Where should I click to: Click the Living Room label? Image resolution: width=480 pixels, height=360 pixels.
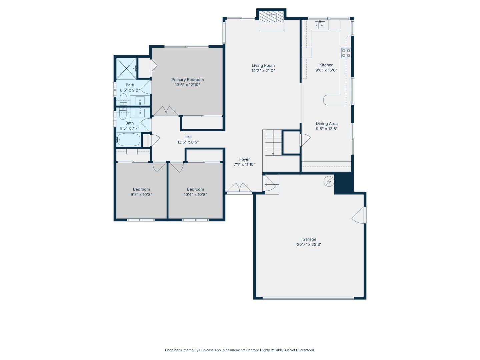(x=263, y=65)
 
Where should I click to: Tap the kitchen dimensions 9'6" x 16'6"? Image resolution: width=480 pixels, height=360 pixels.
(x=326, y=70)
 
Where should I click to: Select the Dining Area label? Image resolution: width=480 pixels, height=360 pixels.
(x=326, y=123)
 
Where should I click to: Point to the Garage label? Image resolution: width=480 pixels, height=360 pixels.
(x=309, y=239)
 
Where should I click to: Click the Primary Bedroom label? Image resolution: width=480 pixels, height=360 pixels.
(x=187, y=80)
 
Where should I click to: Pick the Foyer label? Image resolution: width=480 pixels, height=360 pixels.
(x=244, y=159)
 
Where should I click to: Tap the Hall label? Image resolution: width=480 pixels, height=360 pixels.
(x=188, y=137)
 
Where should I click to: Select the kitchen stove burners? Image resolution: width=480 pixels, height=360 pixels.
(x=346, y=53)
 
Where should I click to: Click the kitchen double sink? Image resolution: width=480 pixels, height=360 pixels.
(x=320, y=25)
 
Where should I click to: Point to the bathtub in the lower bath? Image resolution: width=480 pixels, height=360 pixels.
(x=129, y=139)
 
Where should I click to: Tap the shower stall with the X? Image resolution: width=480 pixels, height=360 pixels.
(x=126, y=68)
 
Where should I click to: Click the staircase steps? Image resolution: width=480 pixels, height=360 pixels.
(x=273, y=143)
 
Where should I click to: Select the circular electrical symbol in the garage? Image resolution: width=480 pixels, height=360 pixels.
(x=329, y=181)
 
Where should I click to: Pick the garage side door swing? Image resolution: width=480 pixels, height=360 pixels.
(x=359, y=215)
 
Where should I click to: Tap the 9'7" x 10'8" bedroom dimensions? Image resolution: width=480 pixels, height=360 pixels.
(x=141, y=195)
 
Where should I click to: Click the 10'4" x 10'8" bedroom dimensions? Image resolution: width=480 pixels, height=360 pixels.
(x=195, y=195)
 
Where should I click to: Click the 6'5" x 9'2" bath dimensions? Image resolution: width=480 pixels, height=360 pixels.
(x=130, y=90)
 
